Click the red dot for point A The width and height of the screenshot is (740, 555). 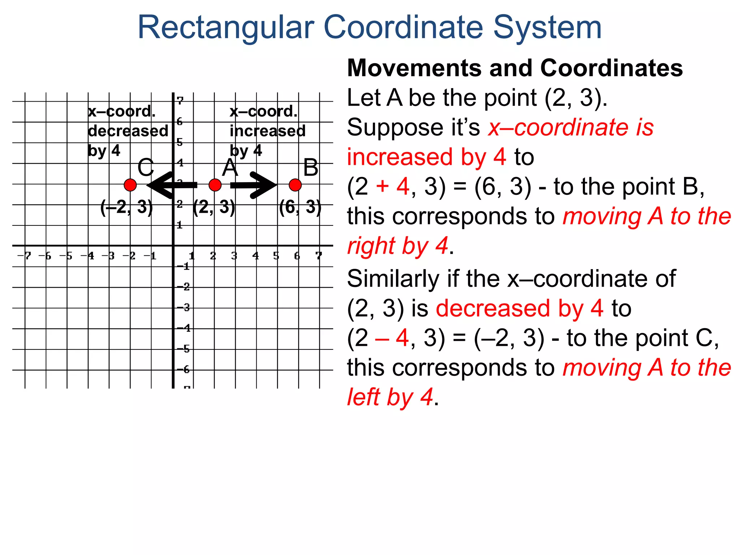pos(215,185)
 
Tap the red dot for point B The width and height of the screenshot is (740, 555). pos(295,185)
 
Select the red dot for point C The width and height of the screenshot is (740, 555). pos(130,185)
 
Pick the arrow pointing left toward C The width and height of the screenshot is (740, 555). pos(172,185)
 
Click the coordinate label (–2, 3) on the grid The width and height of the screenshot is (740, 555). pos(126,207)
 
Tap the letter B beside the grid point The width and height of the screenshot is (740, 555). pos(311,168)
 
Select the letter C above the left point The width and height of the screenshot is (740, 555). pos(146,168)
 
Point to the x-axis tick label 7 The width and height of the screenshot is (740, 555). pos(318,256)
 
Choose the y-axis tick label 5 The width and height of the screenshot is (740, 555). pos(180,142)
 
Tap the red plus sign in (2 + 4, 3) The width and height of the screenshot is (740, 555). pos(382,187)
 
